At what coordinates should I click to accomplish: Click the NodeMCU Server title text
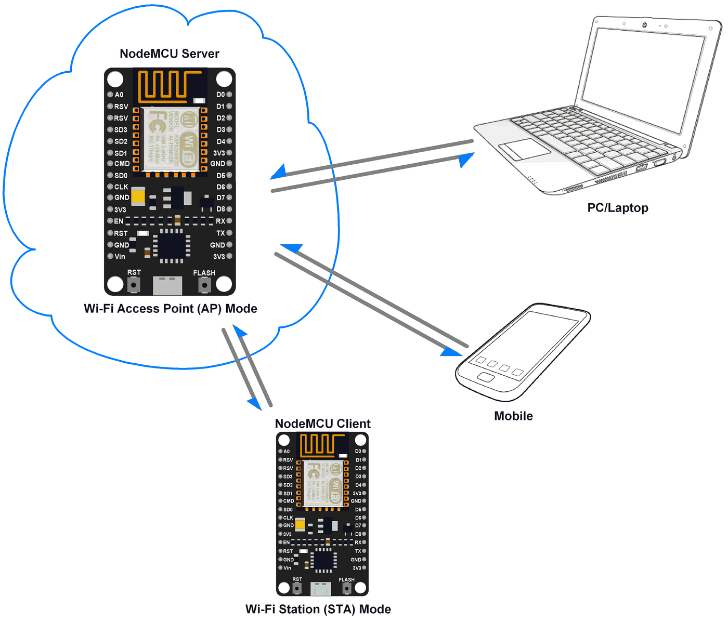(170, 54)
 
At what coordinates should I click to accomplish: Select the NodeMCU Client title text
(322, 424)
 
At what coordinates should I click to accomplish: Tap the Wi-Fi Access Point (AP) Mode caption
(171, 309)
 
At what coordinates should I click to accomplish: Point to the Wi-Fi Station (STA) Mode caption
(318, 609)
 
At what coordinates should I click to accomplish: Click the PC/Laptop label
(618, 208)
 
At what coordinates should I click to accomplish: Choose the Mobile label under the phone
(513, 416)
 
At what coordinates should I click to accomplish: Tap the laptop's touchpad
(524, 149)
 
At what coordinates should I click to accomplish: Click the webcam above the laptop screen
(645, 25)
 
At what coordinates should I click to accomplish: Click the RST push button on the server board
(134, 285)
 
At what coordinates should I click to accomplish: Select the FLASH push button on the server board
(205, 285)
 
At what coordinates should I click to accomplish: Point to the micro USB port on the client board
(320, 588)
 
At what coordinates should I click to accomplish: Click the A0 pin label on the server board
(119, 95)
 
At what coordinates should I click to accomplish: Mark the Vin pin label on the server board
(120, 256)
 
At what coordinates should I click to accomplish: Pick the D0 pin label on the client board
(358, 451)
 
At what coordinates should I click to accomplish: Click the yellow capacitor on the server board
(138, 196)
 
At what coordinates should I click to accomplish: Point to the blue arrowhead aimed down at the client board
(254, 403)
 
